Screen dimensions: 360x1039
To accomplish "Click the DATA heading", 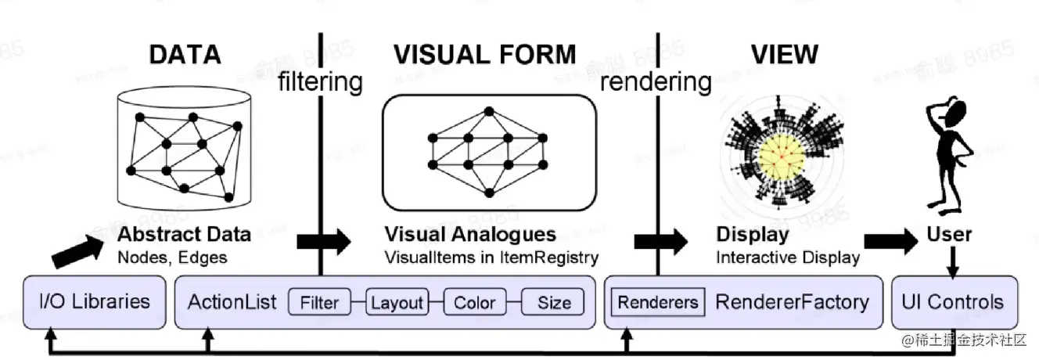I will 185,54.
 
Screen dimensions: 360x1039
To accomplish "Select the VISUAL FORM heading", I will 484,54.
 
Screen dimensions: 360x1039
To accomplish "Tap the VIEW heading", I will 784,54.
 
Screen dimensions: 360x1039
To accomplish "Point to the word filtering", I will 321,81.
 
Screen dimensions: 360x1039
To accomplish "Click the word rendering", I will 656,81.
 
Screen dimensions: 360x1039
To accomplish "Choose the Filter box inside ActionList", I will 318,302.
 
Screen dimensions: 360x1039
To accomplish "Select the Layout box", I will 397,302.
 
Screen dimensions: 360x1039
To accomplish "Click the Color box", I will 474,302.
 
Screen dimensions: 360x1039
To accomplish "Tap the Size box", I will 553,302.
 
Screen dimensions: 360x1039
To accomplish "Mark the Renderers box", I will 657,302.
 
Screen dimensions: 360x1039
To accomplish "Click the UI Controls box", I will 954,301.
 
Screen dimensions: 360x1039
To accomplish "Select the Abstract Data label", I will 185,234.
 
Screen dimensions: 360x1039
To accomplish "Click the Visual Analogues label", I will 469,234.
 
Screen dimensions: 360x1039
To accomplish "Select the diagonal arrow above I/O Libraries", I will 77,250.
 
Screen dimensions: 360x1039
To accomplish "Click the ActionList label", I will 232,302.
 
